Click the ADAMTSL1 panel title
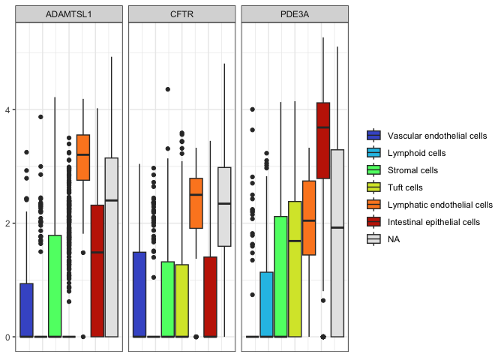click(69, 14)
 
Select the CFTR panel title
click(182, 14)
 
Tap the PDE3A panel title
click(295, 14)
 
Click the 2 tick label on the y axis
click(7, 223)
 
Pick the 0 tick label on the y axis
click(7, 337)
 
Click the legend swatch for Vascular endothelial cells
click(373, 135)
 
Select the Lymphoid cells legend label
click(416, 153)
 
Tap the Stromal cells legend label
click(412, 170)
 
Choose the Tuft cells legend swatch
click(373, 187)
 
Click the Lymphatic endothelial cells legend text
click(440, 205)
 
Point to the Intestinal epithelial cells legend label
click(433, 222)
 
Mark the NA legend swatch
click(373, 238)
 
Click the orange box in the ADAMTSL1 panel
click(83, 157)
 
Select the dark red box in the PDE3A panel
click(323, 140)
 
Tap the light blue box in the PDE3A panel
click(266, 304)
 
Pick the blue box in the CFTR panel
click(139, 295)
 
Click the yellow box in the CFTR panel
click(182, 301)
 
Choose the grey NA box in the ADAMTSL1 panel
click(112, 247)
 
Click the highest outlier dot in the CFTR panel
click(168, 89)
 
